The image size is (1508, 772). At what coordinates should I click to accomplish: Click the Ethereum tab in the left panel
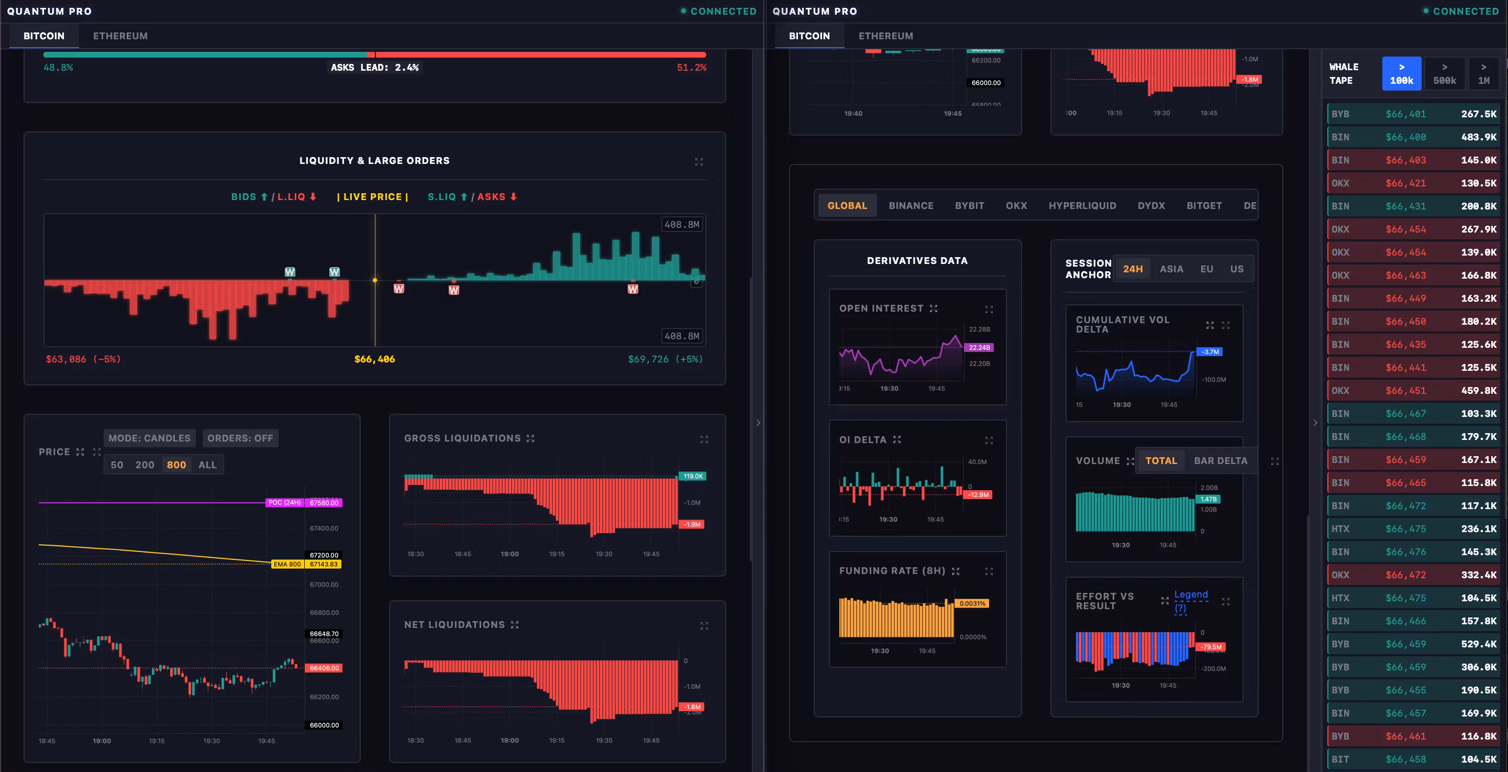pos(120,36)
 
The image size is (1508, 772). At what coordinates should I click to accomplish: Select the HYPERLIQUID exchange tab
pos(1082,206)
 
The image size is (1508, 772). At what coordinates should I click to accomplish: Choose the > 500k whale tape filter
pos(1444,74)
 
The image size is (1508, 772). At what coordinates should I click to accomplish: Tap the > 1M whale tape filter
pos(1483,74)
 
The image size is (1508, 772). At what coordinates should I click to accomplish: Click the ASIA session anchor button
pos(1171,269)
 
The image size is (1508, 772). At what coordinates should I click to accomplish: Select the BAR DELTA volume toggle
pos(1220,461)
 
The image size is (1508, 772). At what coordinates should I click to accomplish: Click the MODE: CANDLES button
pos(149,438)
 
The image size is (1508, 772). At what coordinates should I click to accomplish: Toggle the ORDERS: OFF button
pos(240,438)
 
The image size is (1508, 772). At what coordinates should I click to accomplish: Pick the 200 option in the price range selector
pos(145,465)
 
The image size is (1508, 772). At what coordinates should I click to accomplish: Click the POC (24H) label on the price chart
pos(284,503)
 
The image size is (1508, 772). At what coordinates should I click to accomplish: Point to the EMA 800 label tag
pos(287,564)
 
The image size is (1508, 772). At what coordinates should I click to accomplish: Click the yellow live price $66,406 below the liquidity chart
pos(375,359)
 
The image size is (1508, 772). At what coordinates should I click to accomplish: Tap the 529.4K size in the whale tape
pos(1478,644)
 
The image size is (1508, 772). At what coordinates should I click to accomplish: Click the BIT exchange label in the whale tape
pos(1340,759)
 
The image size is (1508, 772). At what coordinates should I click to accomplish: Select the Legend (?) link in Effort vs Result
pos(1190,601)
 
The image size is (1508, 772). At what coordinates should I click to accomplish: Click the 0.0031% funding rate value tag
pos(972,603)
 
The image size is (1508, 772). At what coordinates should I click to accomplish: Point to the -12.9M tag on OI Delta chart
pos(978,495)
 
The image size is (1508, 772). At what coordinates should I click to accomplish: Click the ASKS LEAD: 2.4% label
pos(375,68)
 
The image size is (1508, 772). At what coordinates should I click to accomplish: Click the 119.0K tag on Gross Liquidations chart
pos(693,476)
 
